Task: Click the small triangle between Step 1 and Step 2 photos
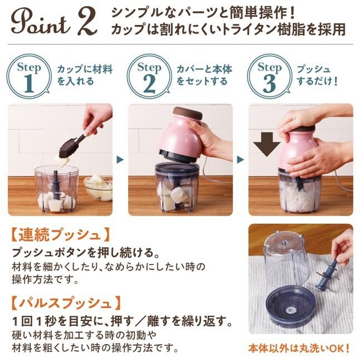point(120,159)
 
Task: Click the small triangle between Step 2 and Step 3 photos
point(240,159)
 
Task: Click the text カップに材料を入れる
point(84,76)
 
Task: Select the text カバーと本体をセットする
point(204,76)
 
